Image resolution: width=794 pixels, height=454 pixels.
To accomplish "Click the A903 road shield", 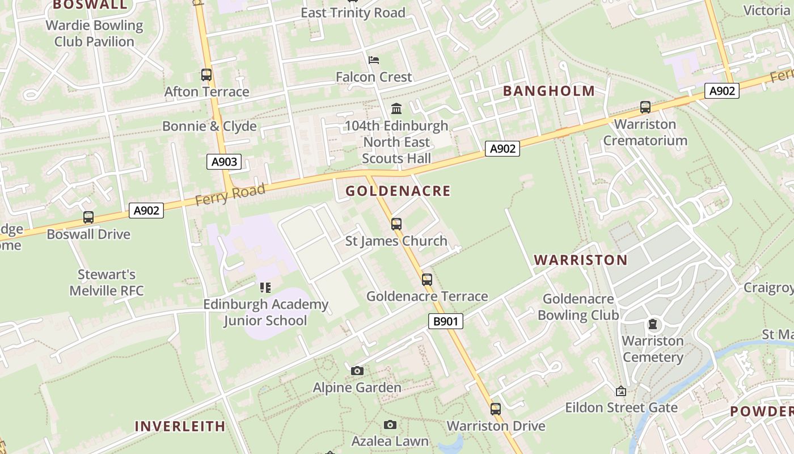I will tap(224, 162).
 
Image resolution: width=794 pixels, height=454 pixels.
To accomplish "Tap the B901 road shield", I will tap(445, 322).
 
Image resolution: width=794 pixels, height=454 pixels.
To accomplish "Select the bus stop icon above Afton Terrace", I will tap(206, 75).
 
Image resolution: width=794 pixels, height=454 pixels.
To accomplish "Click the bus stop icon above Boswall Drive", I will tap(88, 217).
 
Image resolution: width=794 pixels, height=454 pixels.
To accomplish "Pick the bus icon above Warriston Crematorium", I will tap(645, 107).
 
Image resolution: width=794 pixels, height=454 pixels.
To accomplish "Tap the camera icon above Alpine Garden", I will tap(357, 371).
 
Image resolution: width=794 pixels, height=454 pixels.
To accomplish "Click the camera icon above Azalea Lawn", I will tap(390, 425).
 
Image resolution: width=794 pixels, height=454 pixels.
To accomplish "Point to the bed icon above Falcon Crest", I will tap(373, 60).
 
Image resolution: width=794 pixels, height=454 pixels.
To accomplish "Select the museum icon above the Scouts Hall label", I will tap(396, 108).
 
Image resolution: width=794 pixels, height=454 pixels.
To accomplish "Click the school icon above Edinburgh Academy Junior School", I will tap(265, 288).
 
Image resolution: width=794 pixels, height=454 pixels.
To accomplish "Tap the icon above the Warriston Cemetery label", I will tap(653, 325).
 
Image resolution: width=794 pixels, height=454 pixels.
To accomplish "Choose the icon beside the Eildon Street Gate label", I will tap(621, 391).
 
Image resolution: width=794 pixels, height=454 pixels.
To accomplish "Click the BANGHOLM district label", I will tap(548, 91).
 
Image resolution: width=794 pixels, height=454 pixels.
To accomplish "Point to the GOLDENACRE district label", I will tap(398, 191).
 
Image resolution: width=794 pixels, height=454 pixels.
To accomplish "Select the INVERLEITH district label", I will tap(180, 426).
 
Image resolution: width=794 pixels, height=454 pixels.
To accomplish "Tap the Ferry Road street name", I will tap(230, 195).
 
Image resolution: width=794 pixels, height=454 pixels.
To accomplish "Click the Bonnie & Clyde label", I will tap(209, 126).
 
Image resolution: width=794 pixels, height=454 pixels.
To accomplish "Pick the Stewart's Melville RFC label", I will tap(107, 283).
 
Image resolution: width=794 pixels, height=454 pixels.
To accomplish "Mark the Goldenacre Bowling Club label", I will tap(578, 307).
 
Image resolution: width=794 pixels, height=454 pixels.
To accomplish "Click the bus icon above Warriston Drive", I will tap(496, 409).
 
